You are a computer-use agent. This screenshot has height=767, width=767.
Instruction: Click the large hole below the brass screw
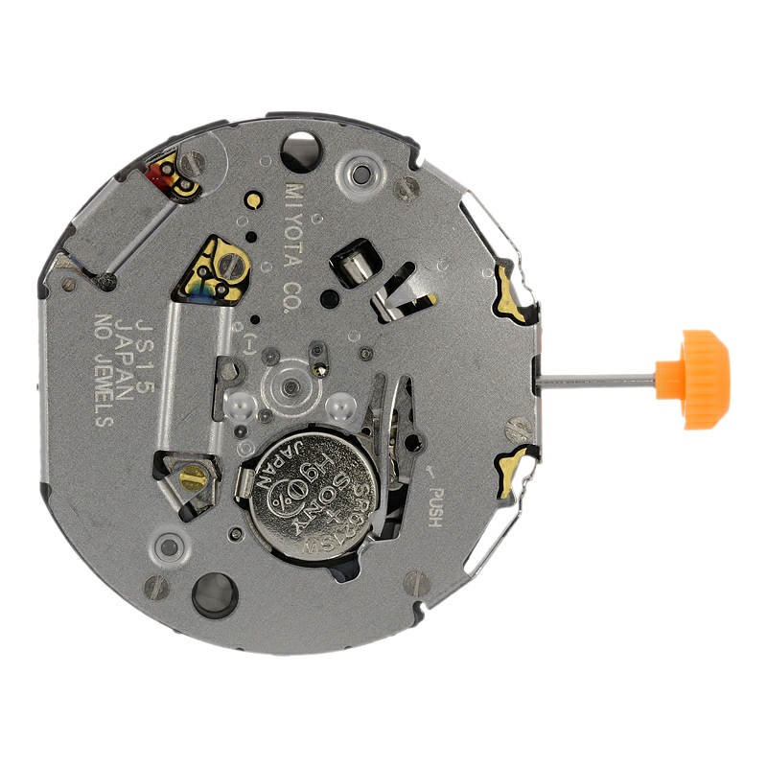click(213, 594)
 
